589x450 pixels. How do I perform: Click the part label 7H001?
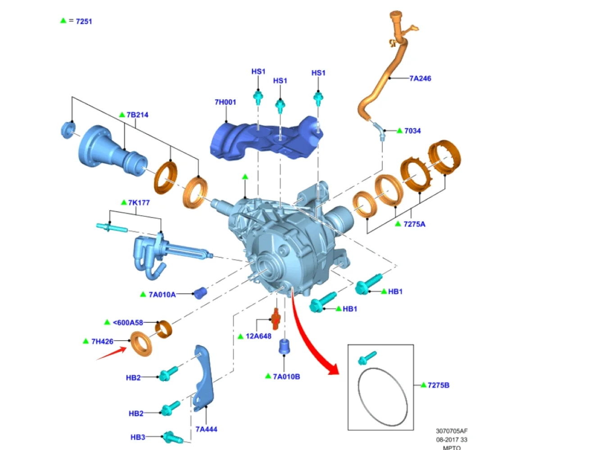tap(225, 102)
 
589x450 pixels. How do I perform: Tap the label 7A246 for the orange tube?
tap(420, 78)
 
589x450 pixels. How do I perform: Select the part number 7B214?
tap(137, 115)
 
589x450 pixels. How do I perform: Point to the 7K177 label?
tap(139, 202)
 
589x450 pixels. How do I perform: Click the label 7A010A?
tap(162, 295)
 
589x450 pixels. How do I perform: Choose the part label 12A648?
tap(258, 336)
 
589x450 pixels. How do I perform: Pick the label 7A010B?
tap(286, 377)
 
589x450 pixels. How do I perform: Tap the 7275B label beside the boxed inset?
tap(438, 385)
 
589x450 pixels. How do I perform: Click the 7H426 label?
tap(102, 342)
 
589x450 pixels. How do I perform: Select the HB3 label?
tap(138, 437)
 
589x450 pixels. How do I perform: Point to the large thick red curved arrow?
tap(311, 337)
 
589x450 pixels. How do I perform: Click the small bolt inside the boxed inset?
tap(367, 358)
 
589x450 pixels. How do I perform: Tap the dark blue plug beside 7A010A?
tap(199, 293)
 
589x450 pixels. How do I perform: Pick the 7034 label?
tap(412, 131)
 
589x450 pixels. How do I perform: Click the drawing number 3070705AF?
tap(452, 431)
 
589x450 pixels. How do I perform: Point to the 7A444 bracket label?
tap(206, 429)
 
